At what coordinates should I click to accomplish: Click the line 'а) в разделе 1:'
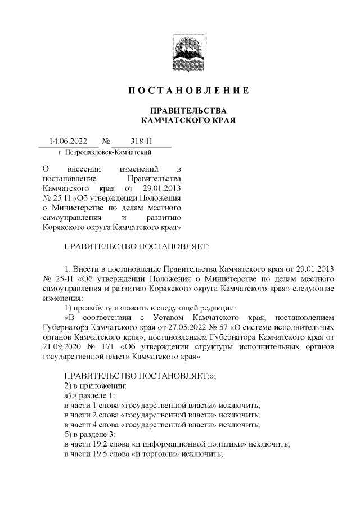point(90,396)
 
